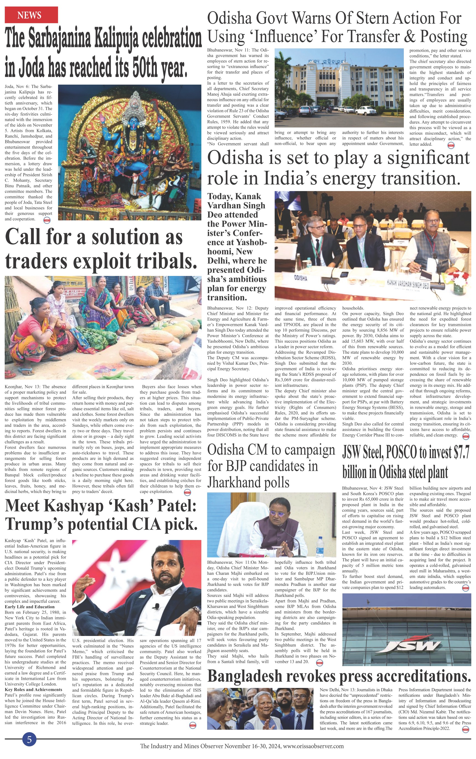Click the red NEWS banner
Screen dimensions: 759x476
point(31,15)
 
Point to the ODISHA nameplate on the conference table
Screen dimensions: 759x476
point(301,278)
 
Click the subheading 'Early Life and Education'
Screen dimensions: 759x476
point(30,607)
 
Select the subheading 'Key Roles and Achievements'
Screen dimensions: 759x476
point(33,689)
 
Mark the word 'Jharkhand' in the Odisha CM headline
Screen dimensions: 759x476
point(248,482)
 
